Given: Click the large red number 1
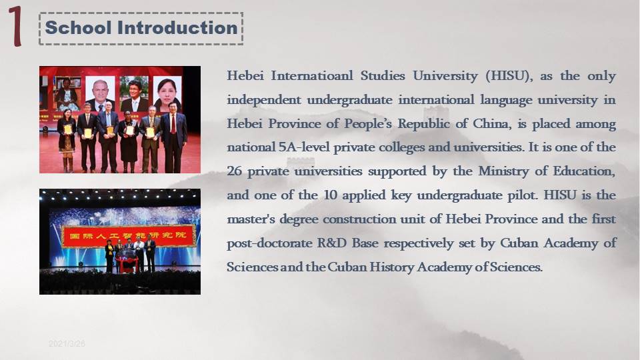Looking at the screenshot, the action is click(x=15, y=26).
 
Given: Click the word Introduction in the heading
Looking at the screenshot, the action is click(x=177, y=28).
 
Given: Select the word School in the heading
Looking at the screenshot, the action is click(x=78, y=28).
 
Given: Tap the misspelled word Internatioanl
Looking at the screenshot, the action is click(x=312, y=76).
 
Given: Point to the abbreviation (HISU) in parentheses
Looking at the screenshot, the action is click(x=509, y=76).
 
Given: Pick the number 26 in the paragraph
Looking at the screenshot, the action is click(x=234, y=171).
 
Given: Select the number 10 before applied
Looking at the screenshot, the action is click(x=330, y=195).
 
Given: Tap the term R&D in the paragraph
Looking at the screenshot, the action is click(x=332, y=243).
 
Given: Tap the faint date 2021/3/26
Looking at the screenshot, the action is click(x=67, y=344).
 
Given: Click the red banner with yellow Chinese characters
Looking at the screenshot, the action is click(x=129, y=236).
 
